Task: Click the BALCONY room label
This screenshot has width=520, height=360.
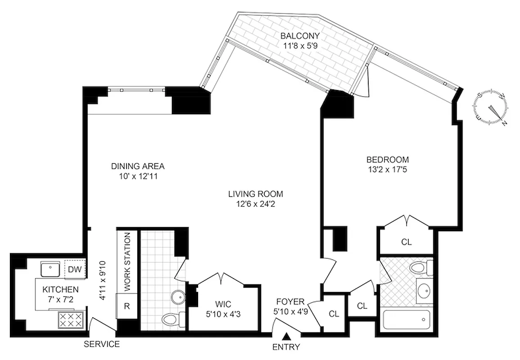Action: coord(299,36)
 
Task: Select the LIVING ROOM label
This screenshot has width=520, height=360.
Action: coord(255,194)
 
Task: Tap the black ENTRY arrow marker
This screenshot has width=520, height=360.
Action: coord(286,336)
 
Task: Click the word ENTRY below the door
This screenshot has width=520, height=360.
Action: coord(286,347)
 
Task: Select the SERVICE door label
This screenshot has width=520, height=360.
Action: coord(102,344)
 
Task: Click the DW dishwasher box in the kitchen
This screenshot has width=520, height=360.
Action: coord(74,270)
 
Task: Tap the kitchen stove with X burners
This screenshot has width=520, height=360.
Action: coord(70,320)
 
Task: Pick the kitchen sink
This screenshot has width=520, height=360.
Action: coord(51,269)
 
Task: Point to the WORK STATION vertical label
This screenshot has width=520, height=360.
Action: coord(127,261)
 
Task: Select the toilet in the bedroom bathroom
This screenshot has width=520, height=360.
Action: coord(419,269)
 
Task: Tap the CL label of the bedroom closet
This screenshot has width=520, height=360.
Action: coord(407,242)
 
